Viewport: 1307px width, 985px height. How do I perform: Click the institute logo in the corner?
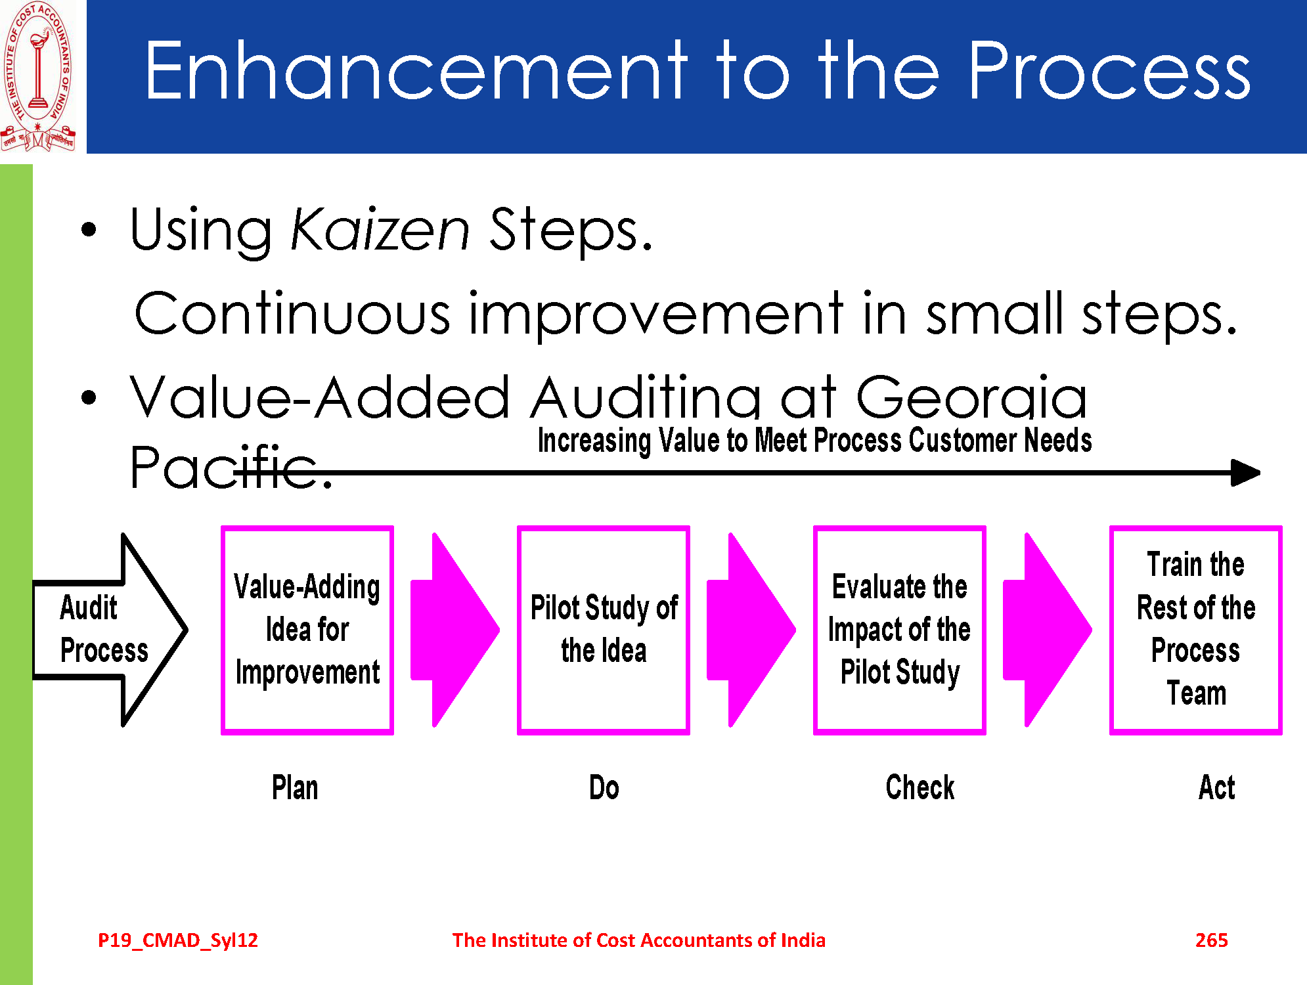37,76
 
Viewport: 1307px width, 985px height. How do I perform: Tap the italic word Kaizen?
380,229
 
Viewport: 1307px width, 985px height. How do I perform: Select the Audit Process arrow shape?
110,630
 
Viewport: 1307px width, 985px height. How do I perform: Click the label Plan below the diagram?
295,787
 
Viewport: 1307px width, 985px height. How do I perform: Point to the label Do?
604,787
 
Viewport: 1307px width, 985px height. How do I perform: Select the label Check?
920,787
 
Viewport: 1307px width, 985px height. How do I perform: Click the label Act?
1216,787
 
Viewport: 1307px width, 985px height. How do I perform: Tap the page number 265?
1212,940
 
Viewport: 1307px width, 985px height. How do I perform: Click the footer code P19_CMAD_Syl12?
178,940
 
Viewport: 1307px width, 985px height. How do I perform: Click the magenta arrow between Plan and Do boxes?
455,630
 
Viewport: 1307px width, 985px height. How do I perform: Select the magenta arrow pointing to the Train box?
1048,630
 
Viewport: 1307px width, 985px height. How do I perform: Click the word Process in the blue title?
1109,70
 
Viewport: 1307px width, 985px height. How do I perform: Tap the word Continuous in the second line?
292,313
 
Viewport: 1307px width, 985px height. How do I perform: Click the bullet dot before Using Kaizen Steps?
89,230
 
